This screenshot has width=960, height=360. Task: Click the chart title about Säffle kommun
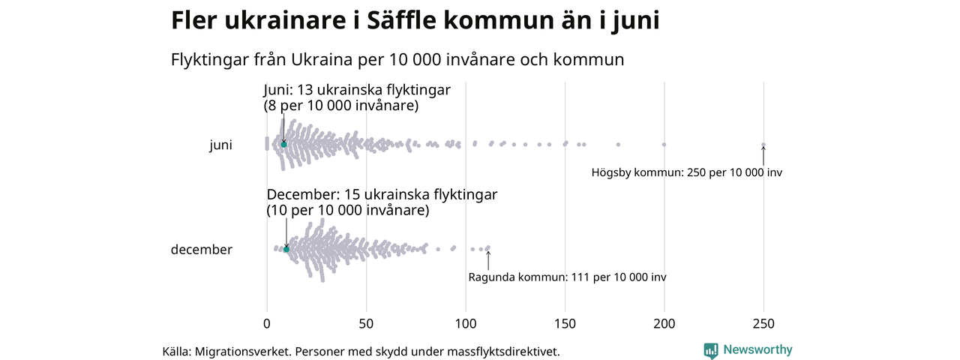[x=415, y=20]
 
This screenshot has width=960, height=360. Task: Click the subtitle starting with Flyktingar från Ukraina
[x=397, y=59]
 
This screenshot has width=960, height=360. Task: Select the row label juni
[x=220, y=145]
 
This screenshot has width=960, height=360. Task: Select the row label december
[x=201, y=250]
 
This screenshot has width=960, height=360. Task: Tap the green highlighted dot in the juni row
[x=283, y=144]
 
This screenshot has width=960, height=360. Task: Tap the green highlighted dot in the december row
[x=286, y=248]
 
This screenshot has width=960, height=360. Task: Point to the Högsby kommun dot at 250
[x=763, y=145]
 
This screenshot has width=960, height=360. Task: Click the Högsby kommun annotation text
[x=686, y=172]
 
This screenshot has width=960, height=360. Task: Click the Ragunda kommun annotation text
[x=567, y=277]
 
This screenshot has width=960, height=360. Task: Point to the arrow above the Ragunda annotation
[x=488, y=259]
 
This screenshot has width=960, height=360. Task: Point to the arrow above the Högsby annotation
[x=763, y=155]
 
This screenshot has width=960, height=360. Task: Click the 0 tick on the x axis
[x=266, y=324]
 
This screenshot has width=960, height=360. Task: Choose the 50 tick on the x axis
[x=366, y=324]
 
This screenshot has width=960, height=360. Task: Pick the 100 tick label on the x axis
[x=466, y=324]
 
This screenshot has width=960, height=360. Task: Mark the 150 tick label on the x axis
[x=565, y=324]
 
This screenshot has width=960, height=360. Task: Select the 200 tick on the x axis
[x=664, y=324]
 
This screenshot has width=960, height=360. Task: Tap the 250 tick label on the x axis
[x=763, y=324]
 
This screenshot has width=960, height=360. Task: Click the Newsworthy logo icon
[x=710, y=350]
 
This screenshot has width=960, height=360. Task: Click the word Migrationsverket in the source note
[x=242, y=351]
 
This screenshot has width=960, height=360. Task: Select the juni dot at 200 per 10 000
[x=664, y=144]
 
